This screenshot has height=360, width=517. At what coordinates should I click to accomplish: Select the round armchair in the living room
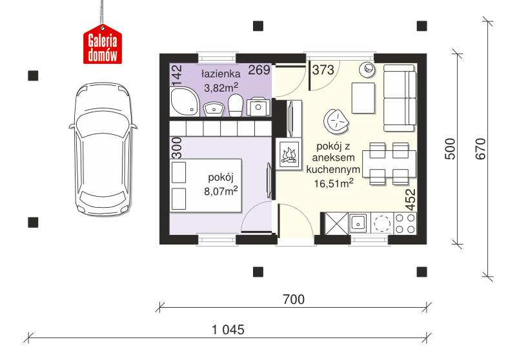pyautogui.click(x=336, y=119)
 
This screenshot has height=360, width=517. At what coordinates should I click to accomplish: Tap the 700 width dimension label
pyautogui.click(x=292, y=299)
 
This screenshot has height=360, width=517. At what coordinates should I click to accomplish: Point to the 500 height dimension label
pyautogui.click(x=451, y=148)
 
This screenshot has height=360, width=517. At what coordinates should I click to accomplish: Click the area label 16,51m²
pyautogui.click(x=333, y=183)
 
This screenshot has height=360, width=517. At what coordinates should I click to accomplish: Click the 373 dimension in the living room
pyautogui.click(x=323, y=70)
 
